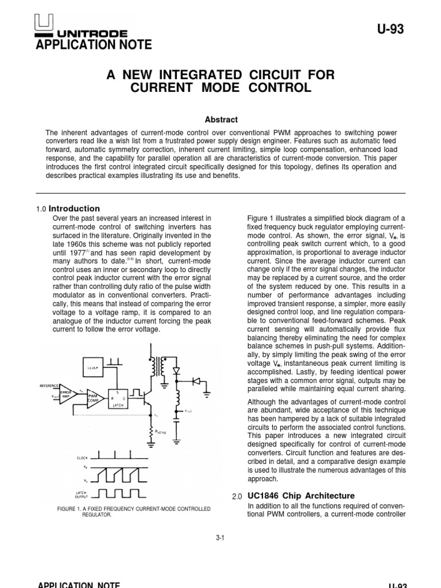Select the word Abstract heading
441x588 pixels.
click(221, 119)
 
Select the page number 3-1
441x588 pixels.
click(220, 537)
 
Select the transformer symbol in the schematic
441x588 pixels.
click(156, 366)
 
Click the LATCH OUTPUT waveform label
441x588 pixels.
click(82, 495)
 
